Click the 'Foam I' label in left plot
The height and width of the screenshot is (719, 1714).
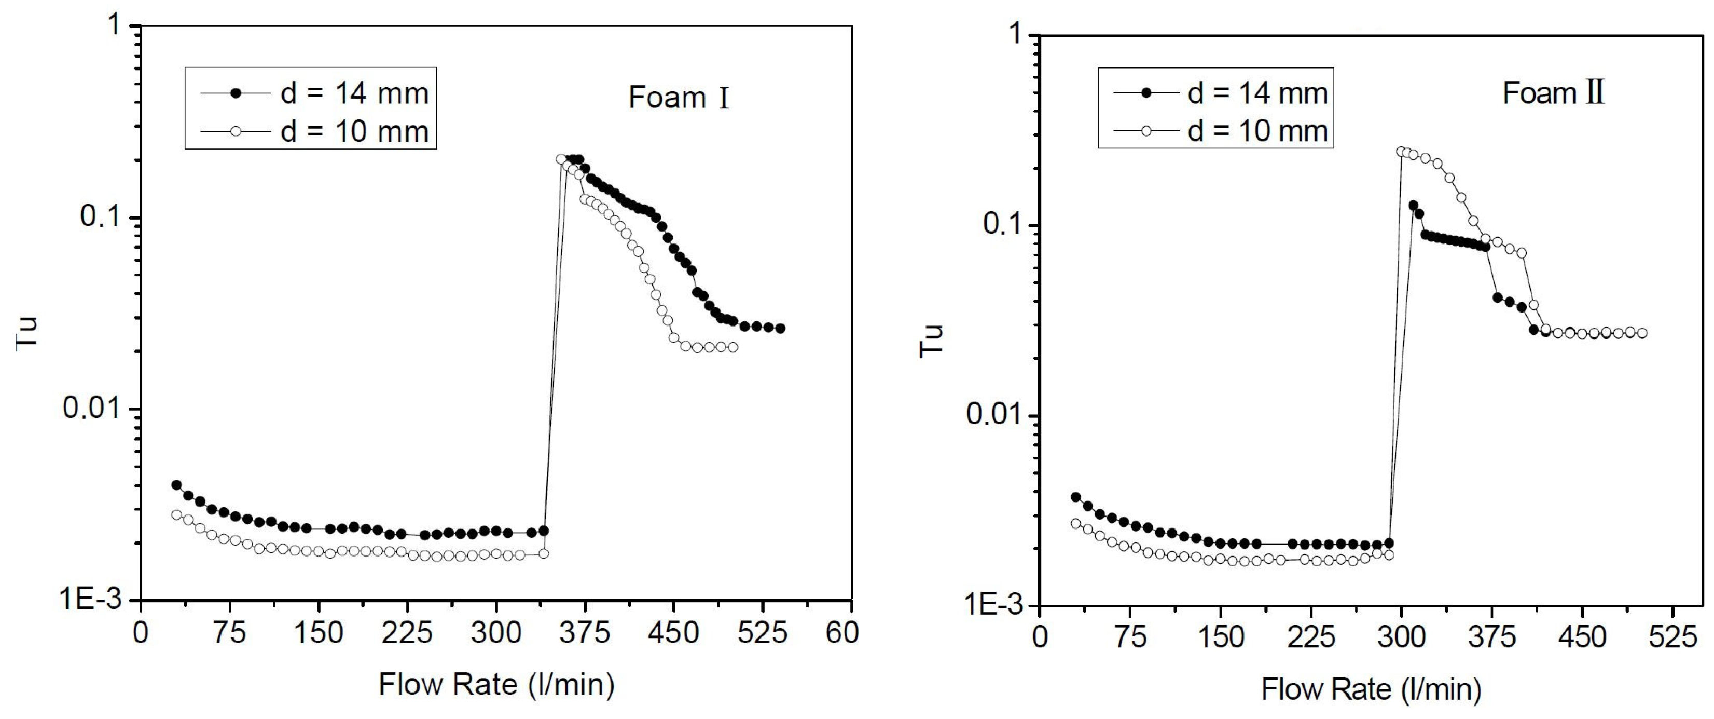click(679, 99)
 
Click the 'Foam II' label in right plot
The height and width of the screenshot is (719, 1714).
click(1553, 93)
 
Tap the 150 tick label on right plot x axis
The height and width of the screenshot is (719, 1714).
click(1220, 639)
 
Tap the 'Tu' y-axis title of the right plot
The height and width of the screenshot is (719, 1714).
click(932, 341)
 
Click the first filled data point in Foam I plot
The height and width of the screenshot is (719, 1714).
click(176, 485)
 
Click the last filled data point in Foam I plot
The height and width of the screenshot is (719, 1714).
click(780, 328)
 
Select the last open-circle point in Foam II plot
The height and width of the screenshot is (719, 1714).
click(1641, 333)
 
